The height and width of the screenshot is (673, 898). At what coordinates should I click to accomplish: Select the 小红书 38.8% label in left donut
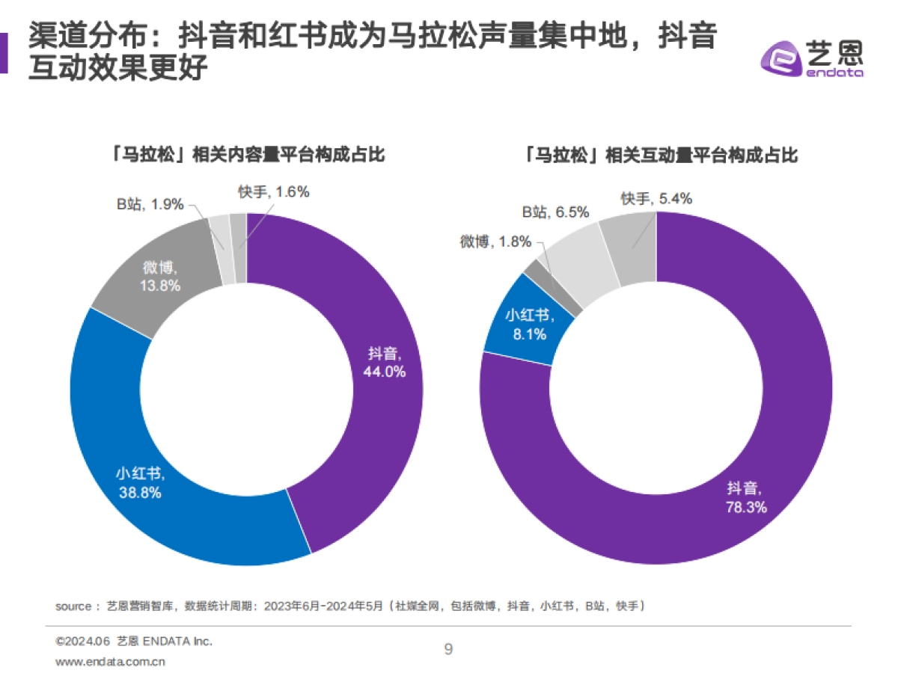[x=139, y=483]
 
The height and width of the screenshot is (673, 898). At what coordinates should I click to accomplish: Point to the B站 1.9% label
[x=150, y=204]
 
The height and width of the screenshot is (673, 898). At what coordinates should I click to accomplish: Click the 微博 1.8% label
[x=495, y=242]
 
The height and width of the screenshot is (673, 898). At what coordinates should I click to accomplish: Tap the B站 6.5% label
[x=555, y=212]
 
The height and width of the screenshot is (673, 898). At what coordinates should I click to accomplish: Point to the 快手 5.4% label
[x=656, y=198]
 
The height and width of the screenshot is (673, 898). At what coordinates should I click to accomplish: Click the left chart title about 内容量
[x=245, y=155]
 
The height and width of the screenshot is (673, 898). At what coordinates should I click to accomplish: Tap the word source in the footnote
[x=73, y=606]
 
